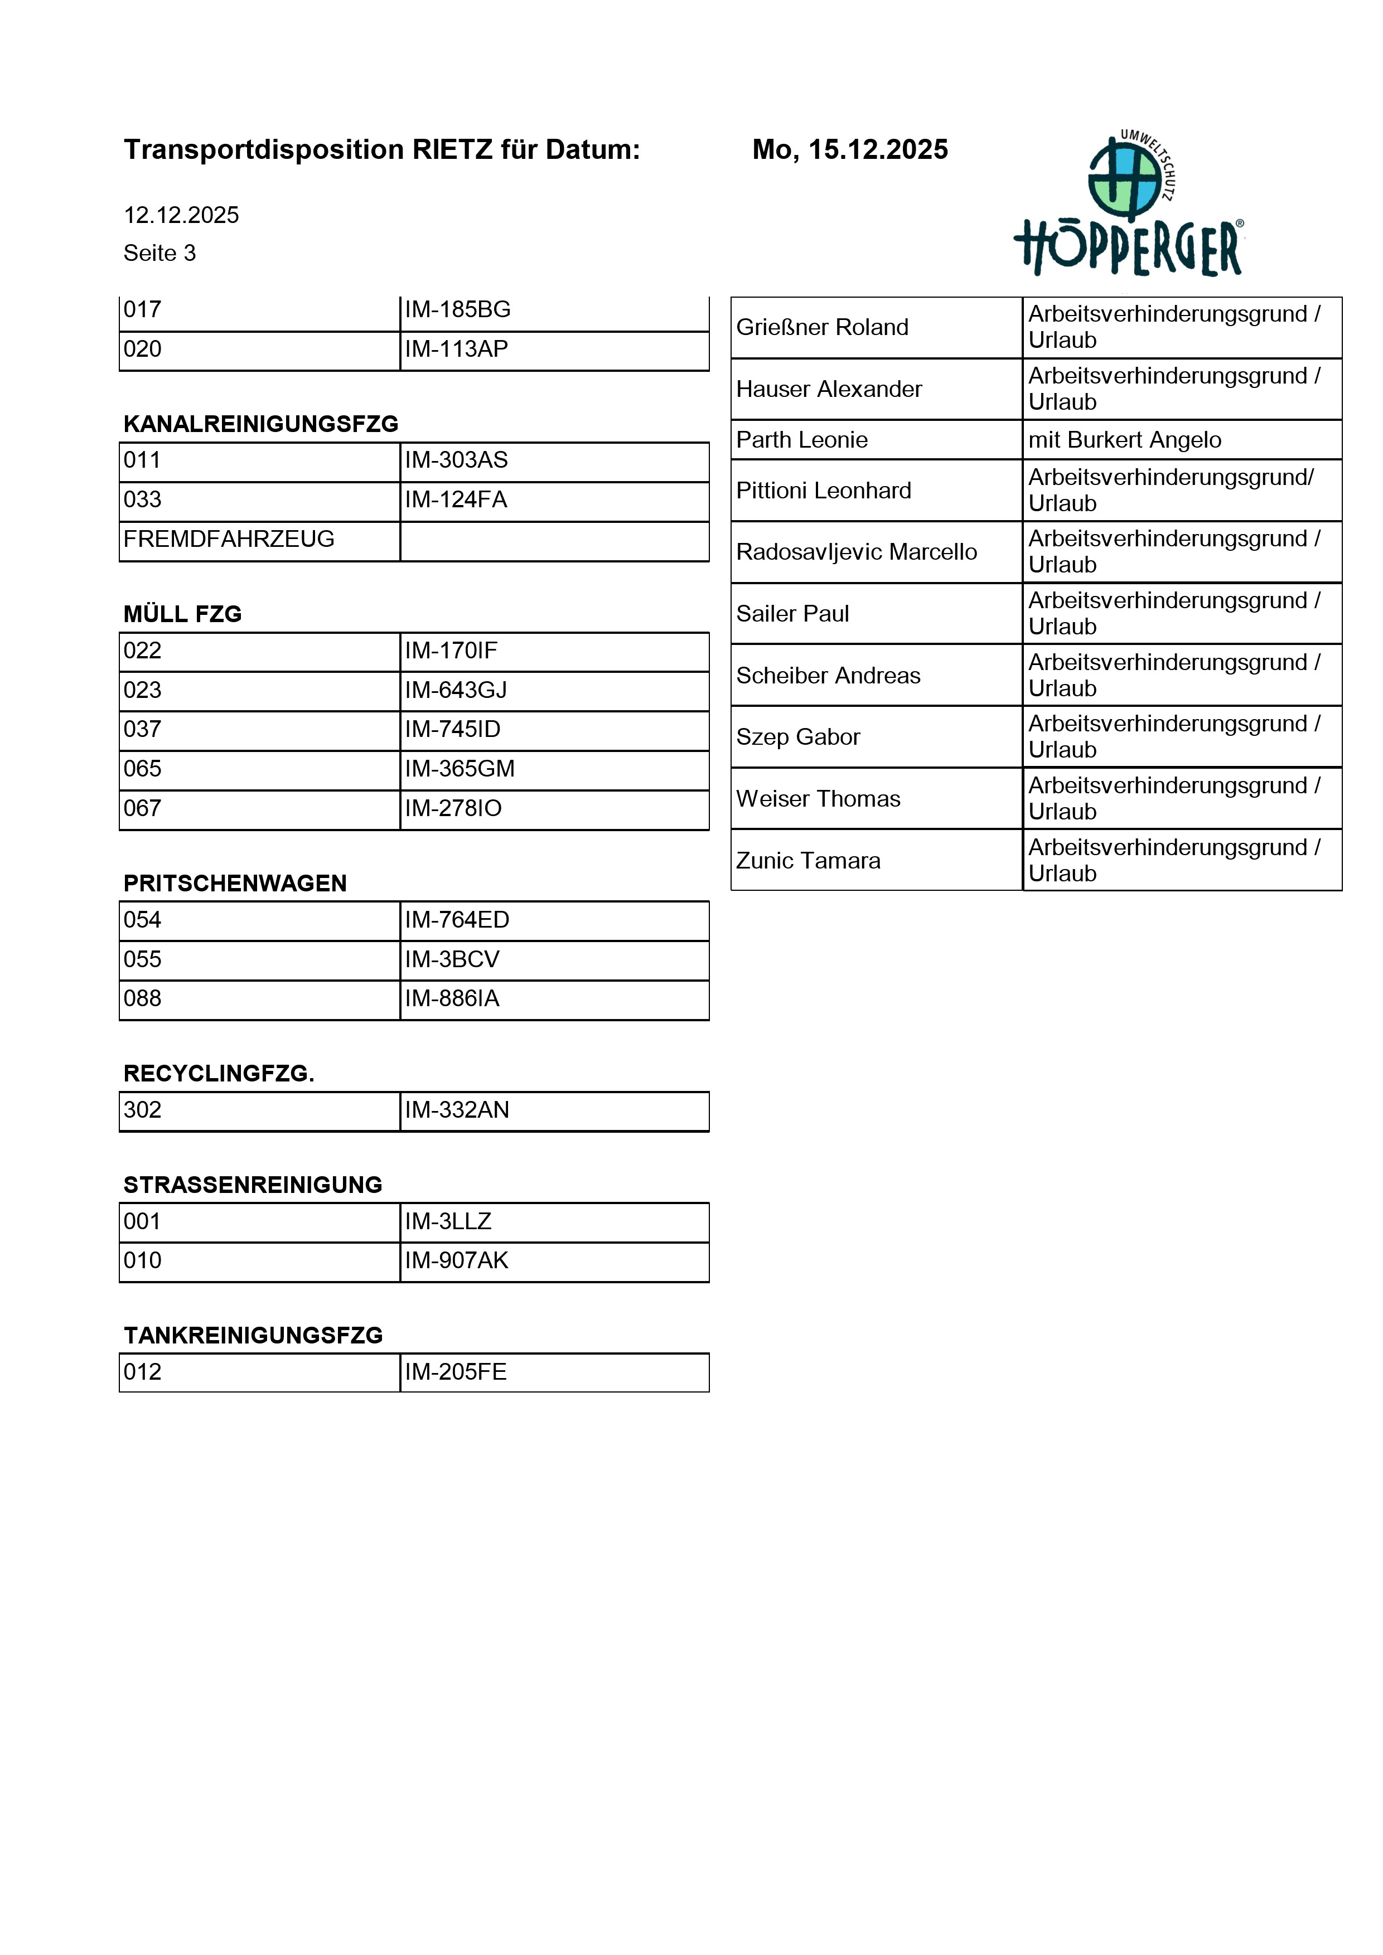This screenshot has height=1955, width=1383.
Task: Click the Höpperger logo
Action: click(x=1128, y=205)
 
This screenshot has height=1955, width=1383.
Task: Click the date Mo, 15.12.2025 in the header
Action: click(x=849, y=150)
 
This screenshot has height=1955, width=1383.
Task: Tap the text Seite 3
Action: click(x=159, y=253)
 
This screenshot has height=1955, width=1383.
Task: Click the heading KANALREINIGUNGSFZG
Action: click(x=260, y=424)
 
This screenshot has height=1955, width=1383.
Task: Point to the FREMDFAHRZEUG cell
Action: click(x=229, y=539)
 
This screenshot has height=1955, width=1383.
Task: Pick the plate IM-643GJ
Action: click(x=456, y=690)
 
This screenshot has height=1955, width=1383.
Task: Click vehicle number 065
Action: click(x=142, y=769)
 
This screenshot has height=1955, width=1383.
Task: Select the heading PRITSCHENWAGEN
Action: click(x=235, y=883)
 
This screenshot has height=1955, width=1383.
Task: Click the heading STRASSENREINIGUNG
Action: click(x=253, y=1185)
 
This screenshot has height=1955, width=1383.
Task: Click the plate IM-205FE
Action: click(x=456, y=1372)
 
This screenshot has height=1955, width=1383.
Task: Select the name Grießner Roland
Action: click(x=822, y=328)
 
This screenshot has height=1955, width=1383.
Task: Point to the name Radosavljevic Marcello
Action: click(x=856, y=552)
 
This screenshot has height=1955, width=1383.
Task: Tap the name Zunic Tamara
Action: click(x=807, y=861)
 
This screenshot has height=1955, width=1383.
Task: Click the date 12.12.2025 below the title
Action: click(x=181, y=215)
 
